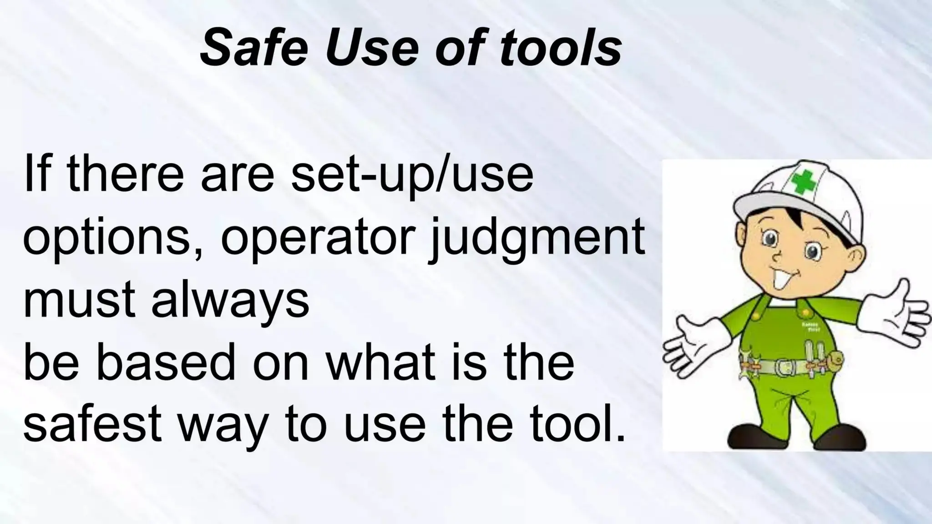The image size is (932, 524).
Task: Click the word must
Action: click(x=79, y=301)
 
